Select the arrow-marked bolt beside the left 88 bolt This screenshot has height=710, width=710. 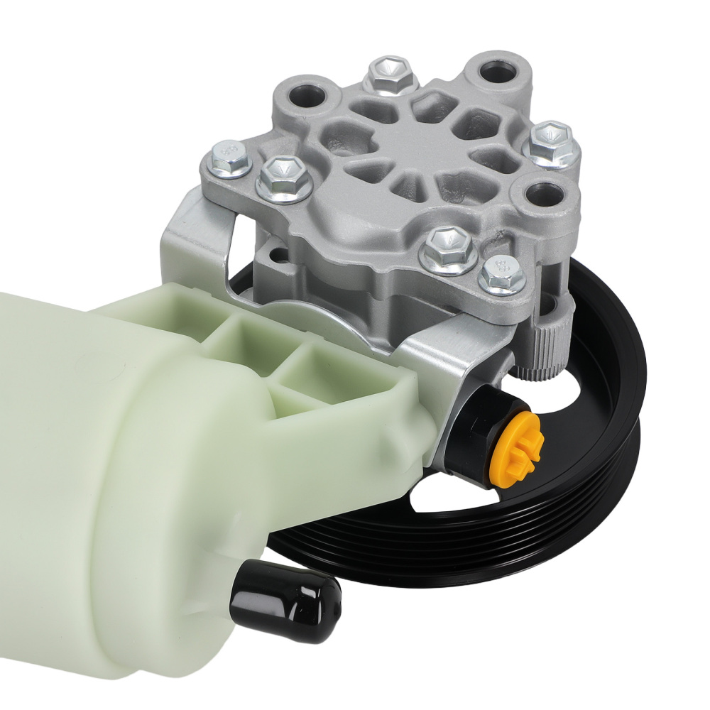pos(283,179)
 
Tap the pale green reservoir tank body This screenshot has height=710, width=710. pos(106,461)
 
